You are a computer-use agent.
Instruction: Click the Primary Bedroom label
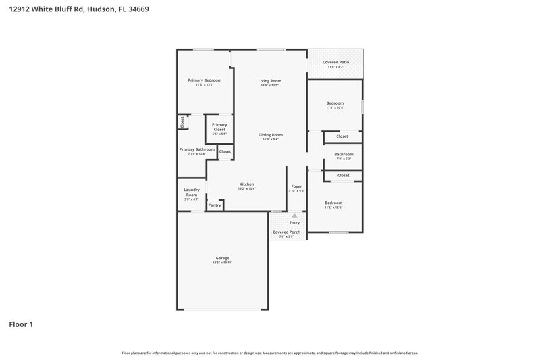[204, 80]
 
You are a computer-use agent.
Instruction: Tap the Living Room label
[269, 81]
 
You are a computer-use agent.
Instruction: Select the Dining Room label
[270, 134]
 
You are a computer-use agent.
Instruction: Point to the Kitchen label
[246, 184]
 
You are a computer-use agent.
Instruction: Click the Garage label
[222, 258]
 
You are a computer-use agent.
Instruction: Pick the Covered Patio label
[335, 62]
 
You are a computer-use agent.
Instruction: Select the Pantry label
[215, 205]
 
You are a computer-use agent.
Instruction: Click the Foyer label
[296, 186]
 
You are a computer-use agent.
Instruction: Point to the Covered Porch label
[286, 232]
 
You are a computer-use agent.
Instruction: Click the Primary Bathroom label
[196, 149]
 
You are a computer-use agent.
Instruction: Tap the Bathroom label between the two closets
[344, 154]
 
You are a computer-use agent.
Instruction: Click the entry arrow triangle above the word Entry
[294, 215]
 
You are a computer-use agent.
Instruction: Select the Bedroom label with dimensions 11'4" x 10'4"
[335, 103]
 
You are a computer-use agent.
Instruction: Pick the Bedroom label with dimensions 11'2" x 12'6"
[333, 203]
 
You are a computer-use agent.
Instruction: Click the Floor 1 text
[20, 324]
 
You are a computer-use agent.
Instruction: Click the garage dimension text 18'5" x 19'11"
[222, 263]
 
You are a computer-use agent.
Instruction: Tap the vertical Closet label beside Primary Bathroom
[182, 122]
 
